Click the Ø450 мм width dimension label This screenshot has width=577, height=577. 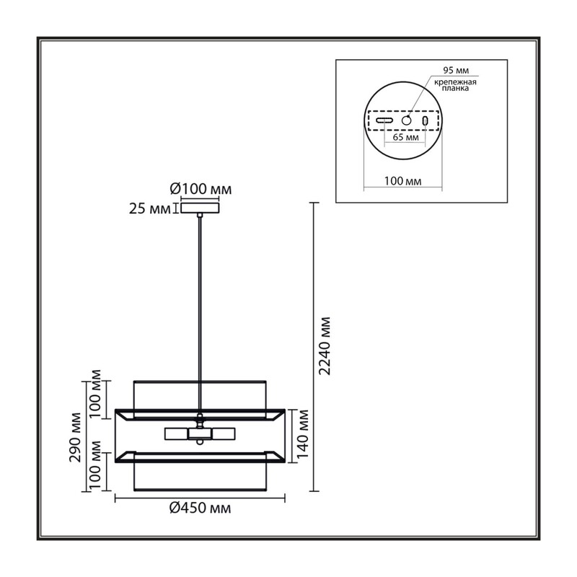pyautogui.click(x=201, y=508)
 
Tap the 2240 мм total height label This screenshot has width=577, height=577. pyautogui.click(x=325, y=346)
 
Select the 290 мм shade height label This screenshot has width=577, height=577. pyautogui.click(x=75, y=437)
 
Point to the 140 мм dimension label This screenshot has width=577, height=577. pyautogui.click(x=302, y=434)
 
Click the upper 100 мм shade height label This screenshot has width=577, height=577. pyautogui.click(x=95, y=393)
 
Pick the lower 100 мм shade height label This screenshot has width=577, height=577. pyautogui.click(x=95, y=464)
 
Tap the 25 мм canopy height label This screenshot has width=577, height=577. pyautogui.click(x=150, y=209)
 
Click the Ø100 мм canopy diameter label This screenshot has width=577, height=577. pyautogui.click(x=201, y=189)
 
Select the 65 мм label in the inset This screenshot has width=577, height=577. pyautogui.click(x=405, y=137)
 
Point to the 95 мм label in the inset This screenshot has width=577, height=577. pyautogui.click(x=456, y=70)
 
